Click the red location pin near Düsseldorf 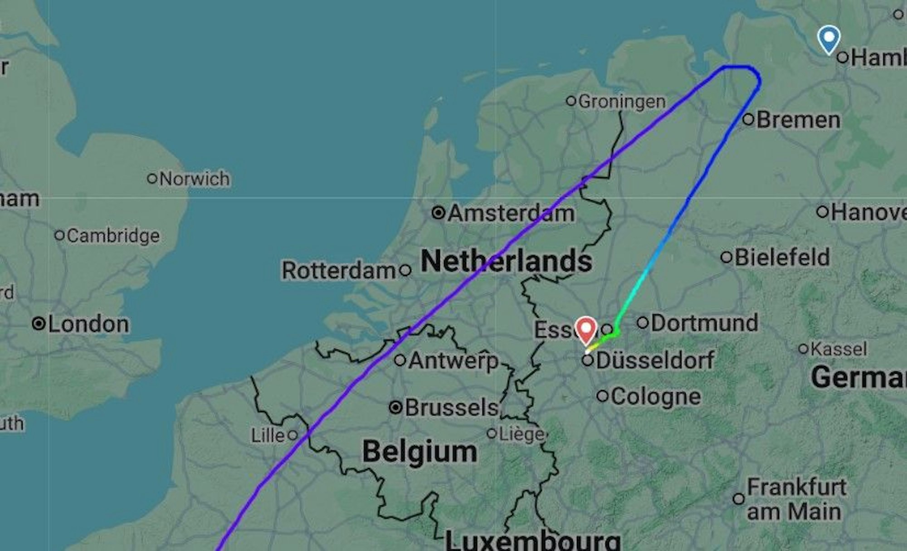[586, 329]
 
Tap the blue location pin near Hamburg [829, 39]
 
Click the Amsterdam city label [511, 213]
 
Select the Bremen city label [798, 120]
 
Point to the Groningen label [622, 102]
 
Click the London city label [88, 324]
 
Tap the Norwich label [195, 179]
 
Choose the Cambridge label [113, 236]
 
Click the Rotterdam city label [339, 271]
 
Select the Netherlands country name [506, 261]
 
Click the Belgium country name [419, 452]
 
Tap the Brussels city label [451, 407]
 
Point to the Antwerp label [453, 361]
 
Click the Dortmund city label [704, 323]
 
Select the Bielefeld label [782, 257]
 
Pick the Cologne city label [655, 396]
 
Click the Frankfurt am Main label [796, 499]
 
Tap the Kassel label [839, 349]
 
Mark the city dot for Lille [293, 435]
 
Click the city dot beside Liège [492, 434]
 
